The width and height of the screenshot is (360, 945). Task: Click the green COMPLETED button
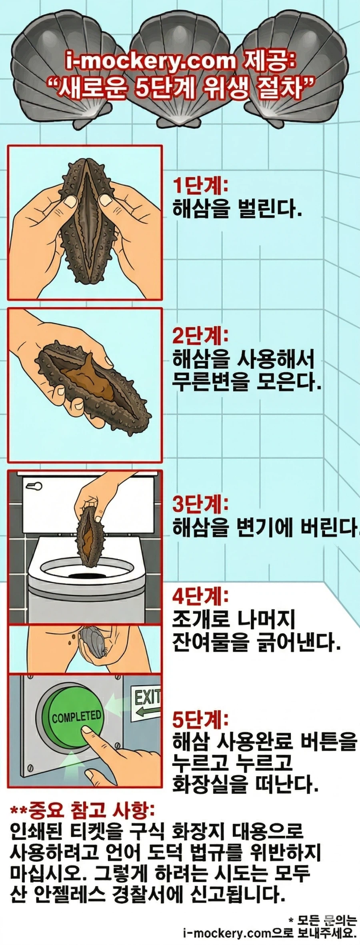[75, 716]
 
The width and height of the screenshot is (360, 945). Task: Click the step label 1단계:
[200, 186]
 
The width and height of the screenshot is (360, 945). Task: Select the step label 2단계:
[200, 336]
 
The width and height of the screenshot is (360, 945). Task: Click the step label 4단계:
[200, 597]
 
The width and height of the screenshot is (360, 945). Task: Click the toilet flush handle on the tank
[34, 486]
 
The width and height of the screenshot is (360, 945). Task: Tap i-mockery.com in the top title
[151, 61]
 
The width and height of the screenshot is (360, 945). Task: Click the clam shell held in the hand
[93, 642]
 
